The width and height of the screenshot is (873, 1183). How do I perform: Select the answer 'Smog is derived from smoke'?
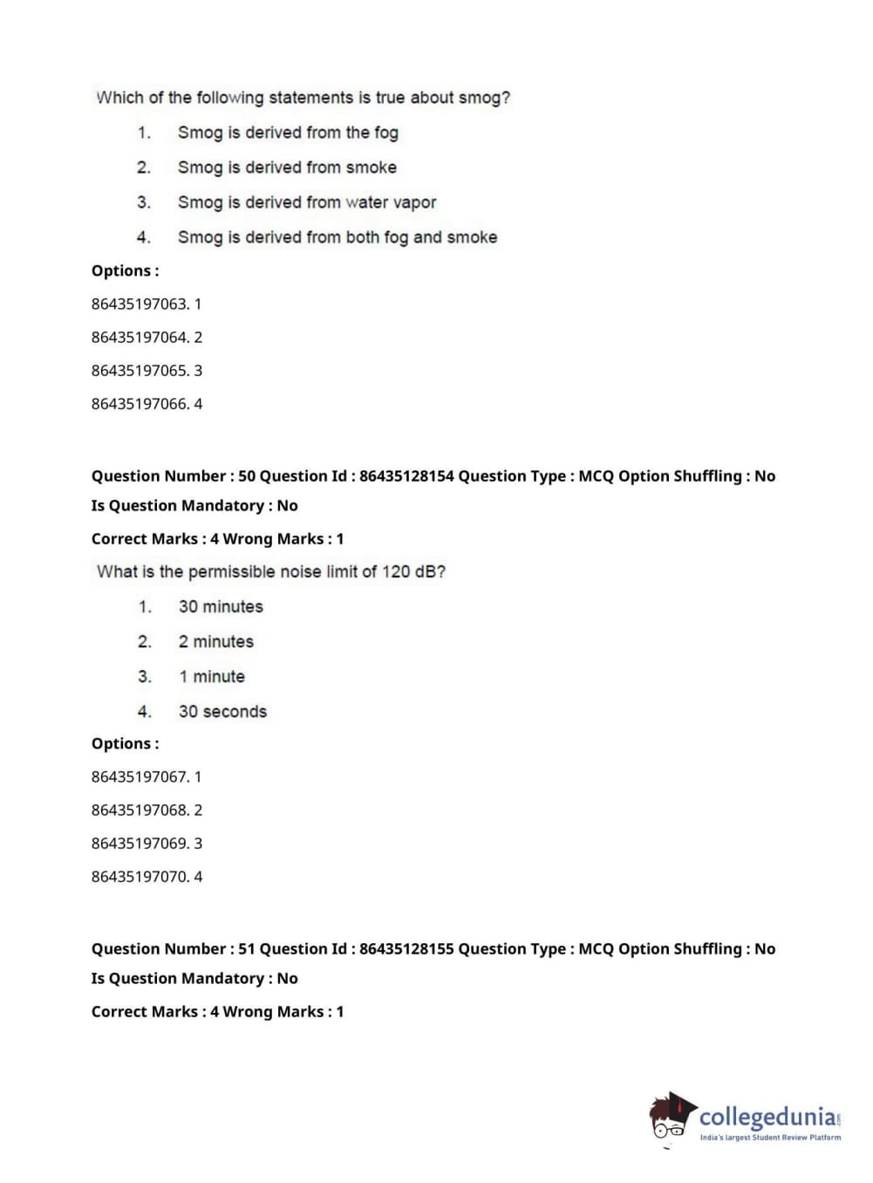[287, 168]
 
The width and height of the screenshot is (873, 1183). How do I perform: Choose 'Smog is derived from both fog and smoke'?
[338, 237]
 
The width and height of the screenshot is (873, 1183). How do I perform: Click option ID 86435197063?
[140, 304]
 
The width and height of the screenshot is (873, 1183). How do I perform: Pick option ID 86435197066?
[140, 403]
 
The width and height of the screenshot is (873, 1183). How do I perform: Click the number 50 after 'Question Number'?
[247, 475]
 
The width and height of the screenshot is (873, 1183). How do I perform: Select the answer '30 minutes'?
[221, 606]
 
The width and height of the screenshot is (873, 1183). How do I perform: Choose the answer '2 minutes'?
[216, 641]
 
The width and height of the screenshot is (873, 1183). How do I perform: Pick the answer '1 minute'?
[212, 676]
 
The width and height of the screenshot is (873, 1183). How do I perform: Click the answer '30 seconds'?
[222, 711]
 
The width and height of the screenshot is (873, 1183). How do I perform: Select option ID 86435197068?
[140, 810]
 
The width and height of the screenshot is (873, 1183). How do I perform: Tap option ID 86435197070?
[140, 876]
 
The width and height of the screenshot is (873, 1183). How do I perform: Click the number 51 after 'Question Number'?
[247, 948]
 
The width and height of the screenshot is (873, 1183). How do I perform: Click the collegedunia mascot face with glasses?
[670, 1118]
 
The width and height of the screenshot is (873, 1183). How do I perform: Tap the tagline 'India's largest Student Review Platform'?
[770, 1138]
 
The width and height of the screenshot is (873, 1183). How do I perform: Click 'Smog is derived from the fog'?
[288, 133]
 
